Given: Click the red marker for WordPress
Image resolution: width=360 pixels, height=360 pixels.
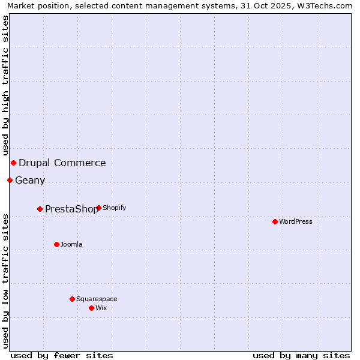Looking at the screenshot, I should click(x=275, y=221).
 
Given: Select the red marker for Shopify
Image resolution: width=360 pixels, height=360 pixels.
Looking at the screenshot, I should click(x=98, y=208).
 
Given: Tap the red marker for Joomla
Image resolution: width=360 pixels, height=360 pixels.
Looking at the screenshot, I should click(x=56, y=244).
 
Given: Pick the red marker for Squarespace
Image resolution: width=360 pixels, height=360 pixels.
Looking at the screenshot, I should click(x=72, y=299).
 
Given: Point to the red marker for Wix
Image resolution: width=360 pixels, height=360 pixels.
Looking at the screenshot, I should click(x=91, y=308).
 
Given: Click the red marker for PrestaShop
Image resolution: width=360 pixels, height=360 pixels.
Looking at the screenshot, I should click(x=40, y=209).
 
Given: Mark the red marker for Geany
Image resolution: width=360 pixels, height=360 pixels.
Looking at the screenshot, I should click(x=10, y=180).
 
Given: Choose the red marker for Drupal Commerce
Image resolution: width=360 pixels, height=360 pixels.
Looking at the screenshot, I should click(x=13, y=163).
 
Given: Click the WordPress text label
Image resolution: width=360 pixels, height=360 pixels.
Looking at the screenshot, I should click(x=296, y=221).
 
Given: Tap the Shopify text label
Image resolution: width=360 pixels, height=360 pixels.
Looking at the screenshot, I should click(x=114, y=208).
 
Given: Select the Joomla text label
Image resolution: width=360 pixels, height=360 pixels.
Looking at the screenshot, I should click(x=71, y=244).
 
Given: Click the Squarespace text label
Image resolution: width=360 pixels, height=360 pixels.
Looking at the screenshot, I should click(x=97, y=299).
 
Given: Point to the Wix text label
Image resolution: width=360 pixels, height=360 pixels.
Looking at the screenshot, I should click(x=101, y=308).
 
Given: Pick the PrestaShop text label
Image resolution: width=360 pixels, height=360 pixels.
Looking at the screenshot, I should click(x=71, y=209).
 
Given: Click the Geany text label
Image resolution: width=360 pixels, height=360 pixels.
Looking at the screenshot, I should click(x=30, y=181).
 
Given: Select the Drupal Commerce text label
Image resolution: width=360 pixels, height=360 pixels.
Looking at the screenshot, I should click(x=62, y=163).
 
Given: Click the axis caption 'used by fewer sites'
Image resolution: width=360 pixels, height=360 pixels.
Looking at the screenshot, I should click(x=62, y=355).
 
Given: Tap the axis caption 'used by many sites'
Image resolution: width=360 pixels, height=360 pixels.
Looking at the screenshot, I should click(x=301, y=355).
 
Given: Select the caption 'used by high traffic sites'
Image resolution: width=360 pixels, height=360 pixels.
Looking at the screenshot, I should click(x=5, y=85).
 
